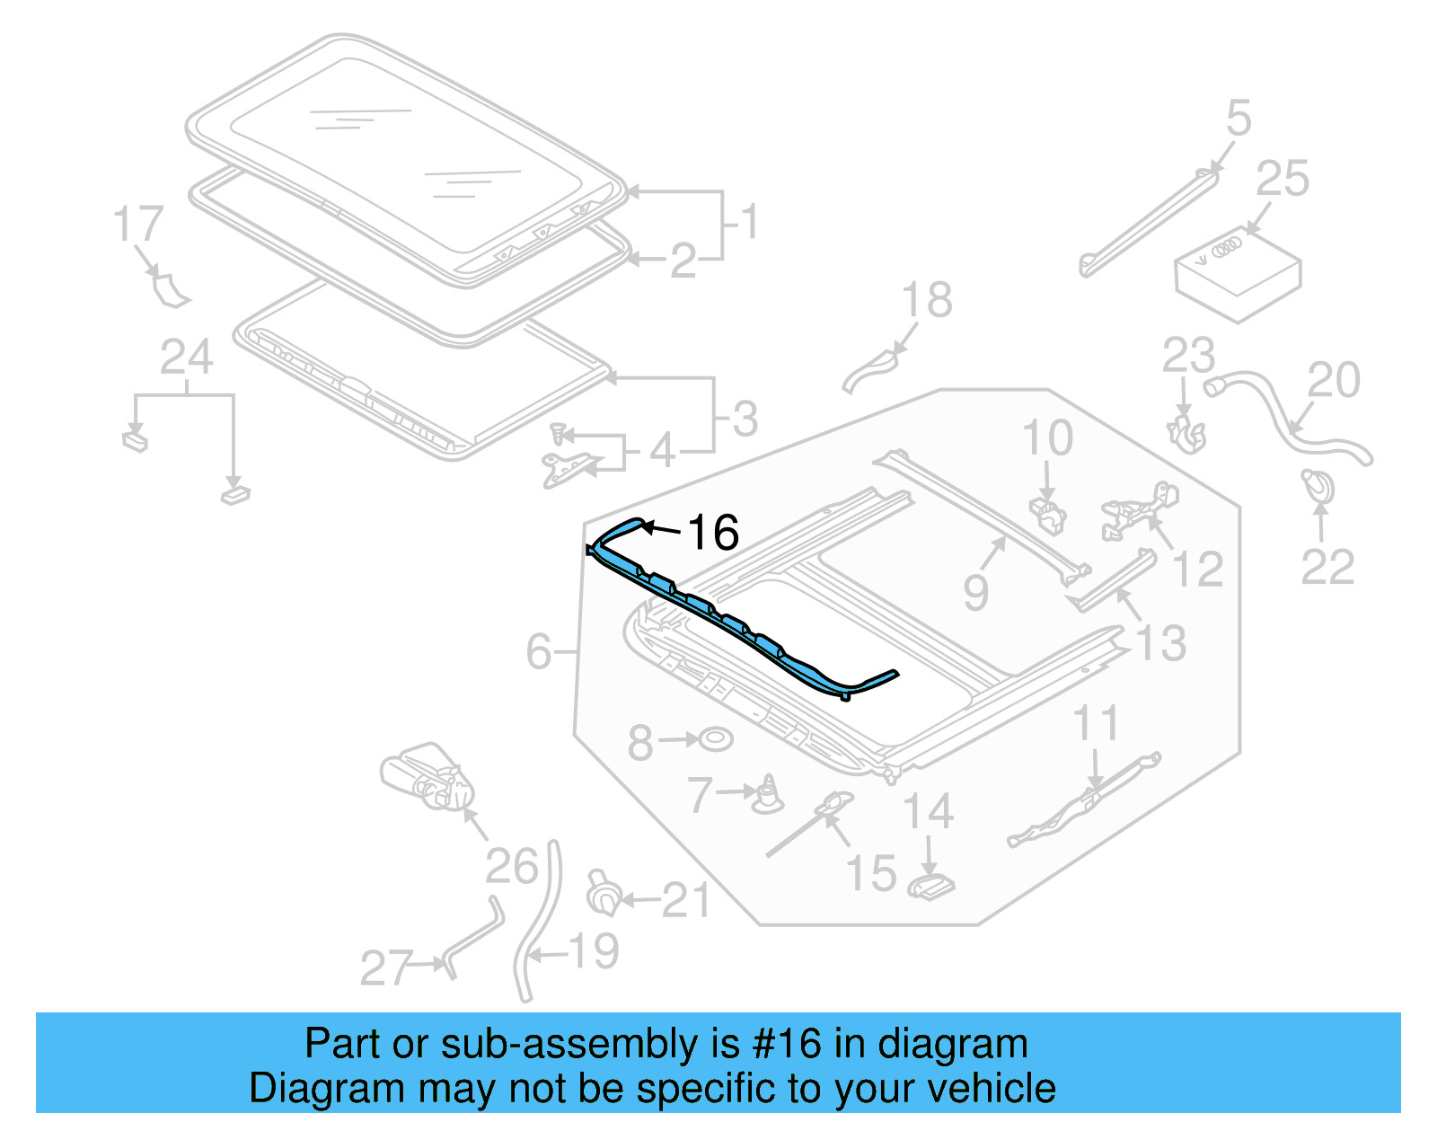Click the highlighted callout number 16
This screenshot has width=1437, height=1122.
click(x=713, y=533)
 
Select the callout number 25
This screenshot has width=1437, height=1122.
click(x=1282, y=179)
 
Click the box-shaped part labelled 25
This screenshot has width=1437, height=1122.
click(x=1238, y=273)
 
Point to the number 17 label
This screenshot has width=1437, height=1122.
click(x=138, y=224)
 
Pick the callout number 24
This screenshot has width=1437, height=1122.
click(x=186, y=358)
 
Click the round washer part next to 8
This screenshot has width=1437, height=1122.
click(x=716, y=739)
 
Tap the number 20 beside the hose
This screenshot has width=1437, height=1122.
click(x=1333, y=380)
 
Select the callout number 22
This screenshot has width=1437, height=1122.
click(x=1327, y=567)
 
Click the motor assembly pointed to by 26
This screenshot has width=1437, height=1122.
click(x=428, y=777)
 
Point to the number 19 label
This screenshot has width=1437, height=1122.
click(x=594, y=951)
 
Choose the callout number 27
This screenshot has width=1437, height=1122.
click(x=386, y=968)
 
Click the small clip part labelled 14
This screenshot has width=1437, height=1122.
click(x=931, y=887)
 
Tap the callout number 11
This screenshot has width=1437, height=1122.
click(x=1097, y=723)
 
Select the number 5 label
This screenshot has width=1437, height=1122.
click(x=1239, y=119)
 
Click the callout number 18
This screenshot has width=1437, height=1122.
click(x=927, y=300)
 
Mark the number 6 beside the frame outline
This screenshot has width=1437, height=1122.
click(x=539, y=651)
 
